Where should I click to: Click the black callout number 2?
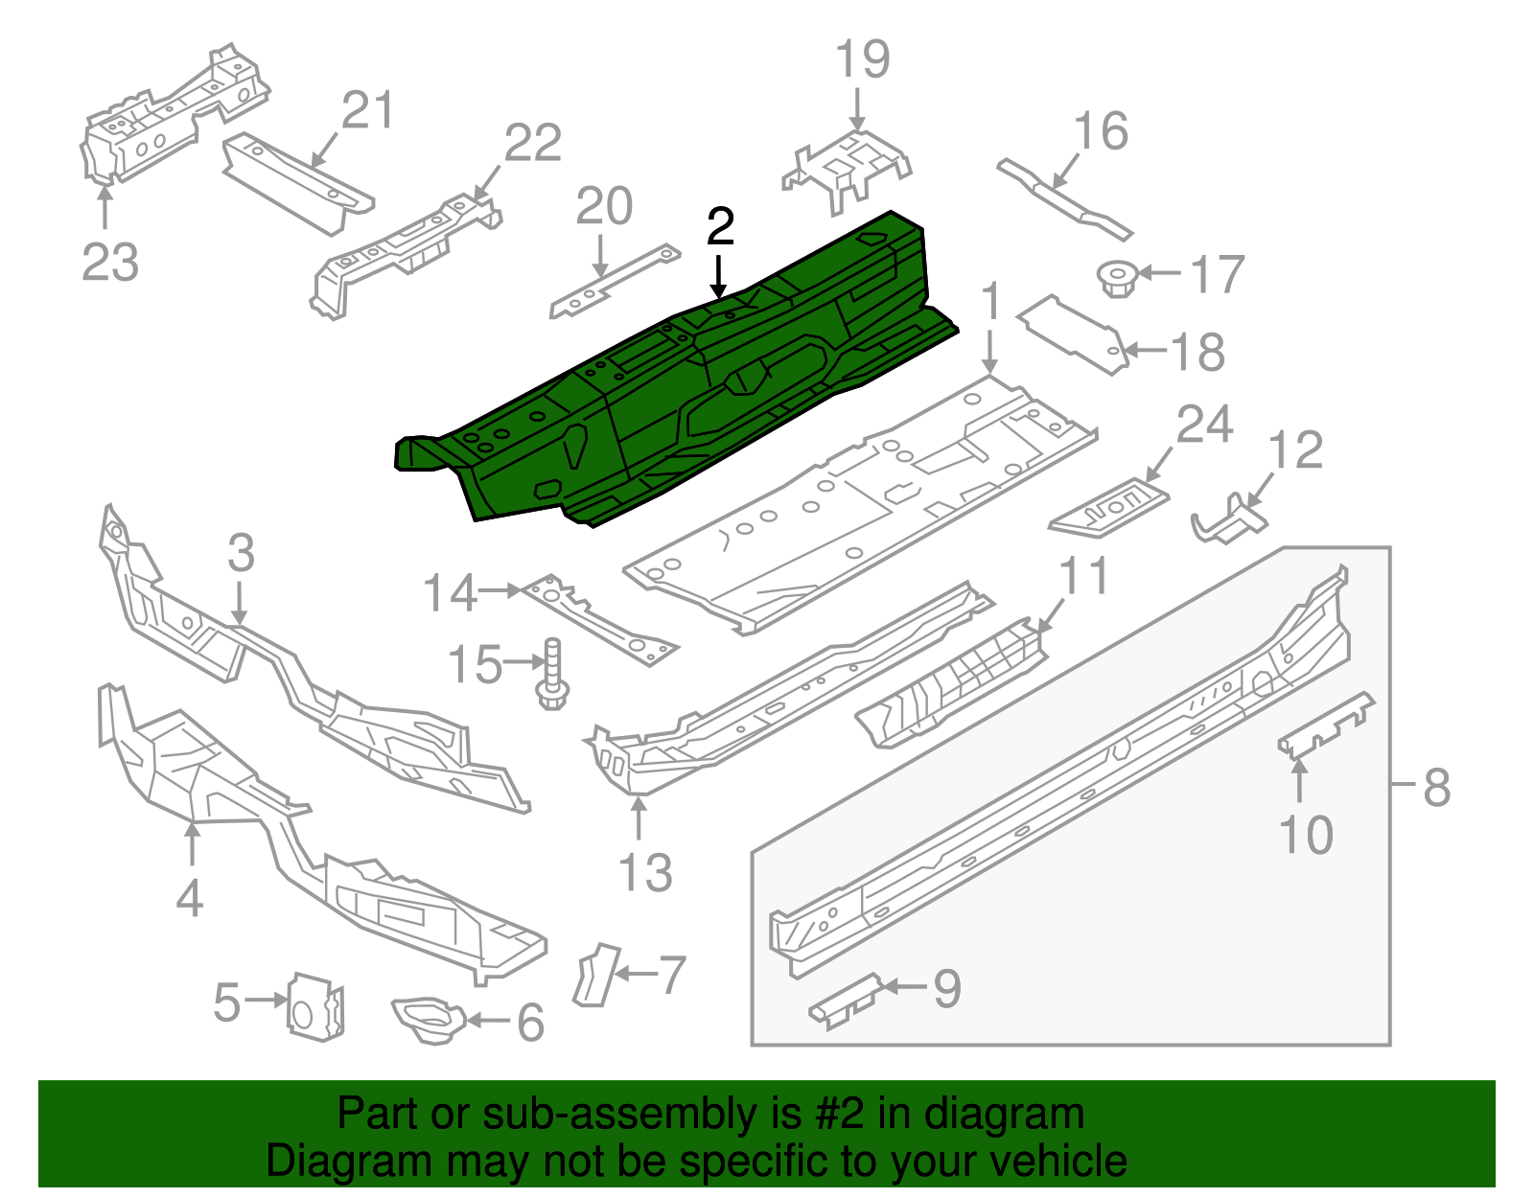point(720,227)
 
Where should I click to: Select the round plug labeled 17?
point(1115,277)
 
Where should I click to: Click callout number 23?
point(109,262)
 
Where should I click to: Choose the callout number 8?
point(1436,787)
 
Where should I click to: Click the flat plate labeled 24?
point(1110,507)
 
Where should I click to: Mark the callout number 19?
point(863,59)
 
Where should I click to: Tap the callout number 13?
point(645,873)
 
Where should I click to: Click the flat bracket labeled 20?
point(614,282)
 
